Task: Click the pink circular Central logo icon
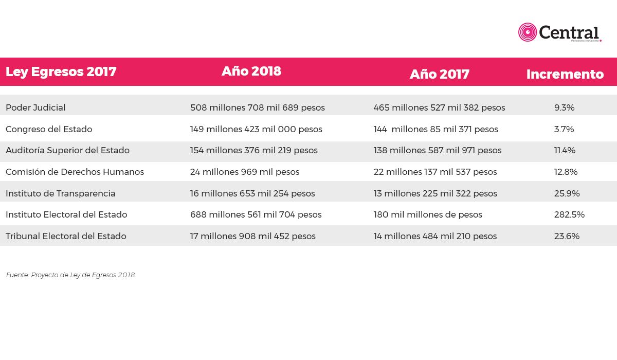527,32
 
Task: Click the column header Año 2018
251,71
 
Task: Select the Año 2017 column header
439,74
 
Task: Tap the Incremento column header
565,74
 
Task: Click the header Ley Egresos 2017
61,72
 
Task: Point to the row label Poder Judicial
35,107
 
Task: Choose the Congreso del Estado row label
49,129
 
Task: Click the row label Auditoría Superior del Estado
67,150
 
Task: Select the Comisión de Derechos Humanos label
75,172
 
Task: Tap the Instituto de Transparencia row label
60,193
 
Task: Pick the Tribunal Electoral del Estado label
66,236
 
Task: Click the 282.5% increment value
569,214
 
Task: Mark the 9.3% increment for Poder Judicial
565,107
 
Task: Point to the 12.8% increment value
566,172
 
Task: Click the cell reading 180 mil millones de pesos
428,214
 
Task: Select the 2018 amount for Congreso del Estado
256,129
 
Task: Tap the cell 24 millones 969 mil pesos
245,172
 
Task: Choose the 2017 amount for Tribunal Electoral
435,236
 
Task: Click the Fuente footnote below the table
70,275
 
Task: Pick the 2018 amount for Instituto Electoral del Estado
256,214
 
